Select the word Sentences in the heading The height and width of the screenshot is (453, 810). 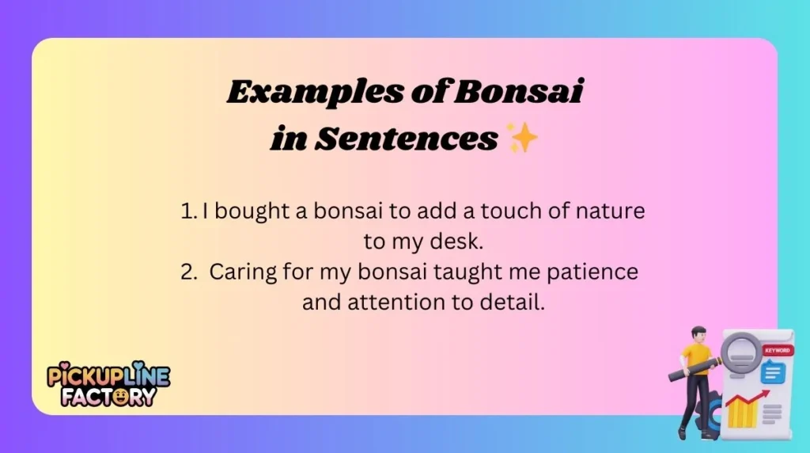[406, 139]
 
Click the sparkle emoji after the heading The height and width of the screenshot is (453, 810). [523, 139]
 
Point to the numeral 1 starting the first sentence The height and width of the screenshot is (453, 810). [187, 211]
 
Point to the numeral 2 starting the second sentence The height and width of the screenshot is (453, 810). [188, 272]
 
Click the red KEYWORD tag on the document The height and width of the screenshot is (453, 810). [776, 349]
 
